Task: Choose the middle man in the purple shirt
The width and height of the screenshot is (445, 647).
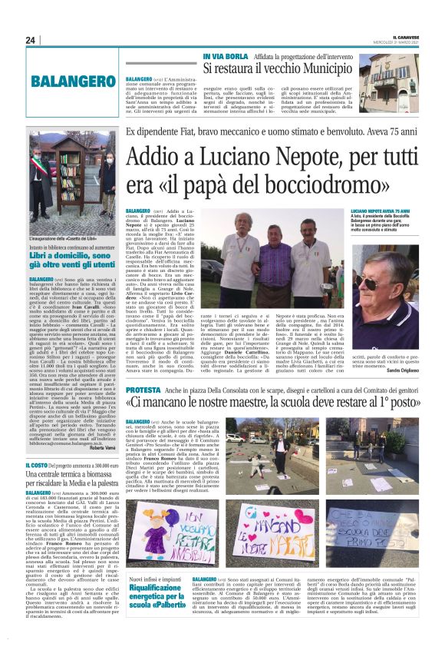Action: pos(275,254)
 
